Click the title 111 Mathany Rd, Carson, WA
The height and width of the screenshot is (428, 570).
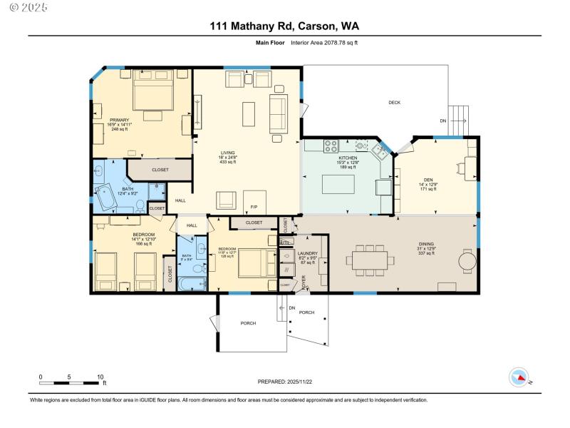(x=284, y=26)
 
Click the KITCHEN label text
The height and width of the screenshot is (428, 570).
(x=348, y=158)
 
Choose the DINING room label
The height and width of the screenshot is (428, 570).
(x=425, y=245)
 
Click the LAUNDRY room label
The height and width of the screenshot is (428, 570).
(x=308, y=253)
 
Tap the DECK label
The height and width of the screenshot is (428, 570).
(x=394, y=103)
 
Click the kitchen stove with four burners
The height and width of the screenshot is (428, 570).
(x=331, y=146)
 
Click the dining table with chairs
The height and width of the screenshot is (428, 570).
(x=370, y=260)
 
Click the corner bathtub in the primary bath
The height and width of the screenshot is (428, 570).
(x=107, y=197)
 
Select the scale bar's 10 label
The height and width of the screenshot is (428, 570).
(x=100, y=377)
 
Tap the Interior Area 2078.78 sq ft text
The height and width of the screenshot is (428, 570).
(x=324, y=43)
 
